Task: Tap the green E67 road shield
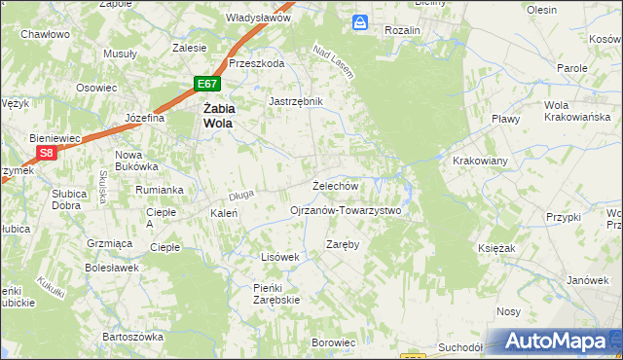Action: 204,85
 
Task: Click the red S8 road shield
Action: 47,153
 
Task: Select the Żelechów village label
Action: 336,185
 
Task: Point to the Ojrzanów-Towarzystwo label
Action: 346,210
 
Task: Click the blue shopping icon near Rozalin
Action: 361,20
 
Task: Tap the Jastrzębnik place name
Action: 295,100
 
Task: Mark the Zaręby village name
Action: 344,244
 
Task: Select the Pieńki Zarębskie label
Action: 276,294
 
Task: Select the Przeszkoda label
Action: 256,63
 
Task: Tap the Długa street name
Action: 241,195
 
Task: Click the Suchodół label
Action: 460,346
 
